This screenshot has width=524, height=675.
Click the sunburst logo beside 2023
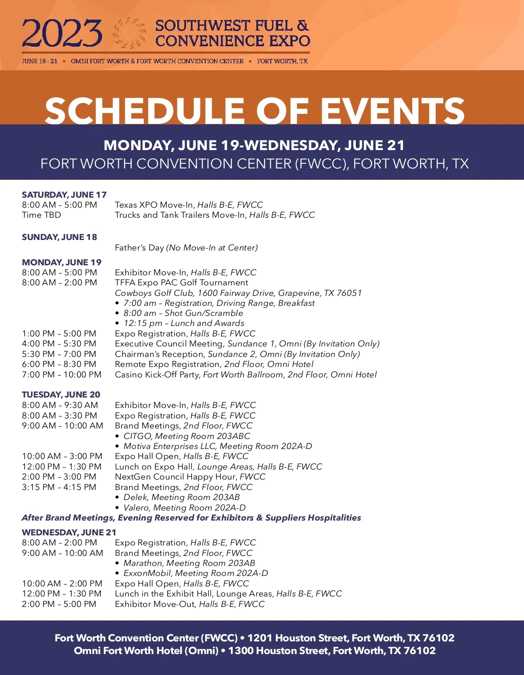tap(129, 33)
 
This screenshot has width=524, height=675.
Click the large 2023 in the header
tap(62, 34)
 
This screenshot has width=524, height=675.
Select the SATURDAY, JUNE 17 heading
tap(64, 195)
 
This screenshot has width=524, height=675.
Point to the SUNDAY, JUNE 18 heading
tap(59, 237)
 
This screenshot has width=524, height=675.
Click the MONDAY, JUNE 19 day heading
tap(62, 262)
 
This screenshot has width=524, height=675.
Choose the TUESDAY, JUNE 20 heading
tap(61, 394)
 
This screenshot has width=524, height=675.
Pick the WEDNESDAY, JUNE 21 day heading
tap(69, 532)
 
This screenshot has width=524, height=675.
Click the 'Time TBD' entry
tap(41, 215)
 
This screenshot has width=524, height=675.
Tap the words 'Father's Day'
tap(139, 248)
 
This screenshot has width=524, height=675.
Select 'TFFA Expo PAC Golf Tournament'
tap(181, 283)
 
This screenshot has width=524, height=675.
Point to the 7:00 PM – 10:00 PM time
tap(62, 374)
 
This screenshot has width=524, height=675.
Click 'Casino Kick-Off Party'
tap(157, 374)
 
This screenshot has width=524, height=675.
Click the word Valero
tap(136, 507)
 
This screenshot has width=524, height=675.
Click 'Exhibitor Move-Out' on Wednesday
tap(155, 604)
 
